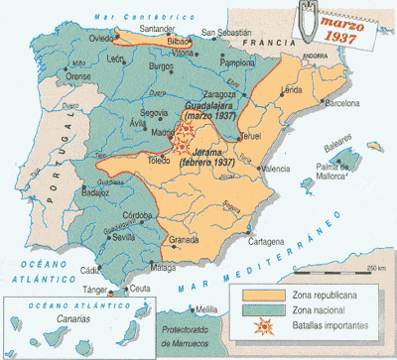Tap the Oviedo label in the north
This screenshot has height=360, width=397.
99,41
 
